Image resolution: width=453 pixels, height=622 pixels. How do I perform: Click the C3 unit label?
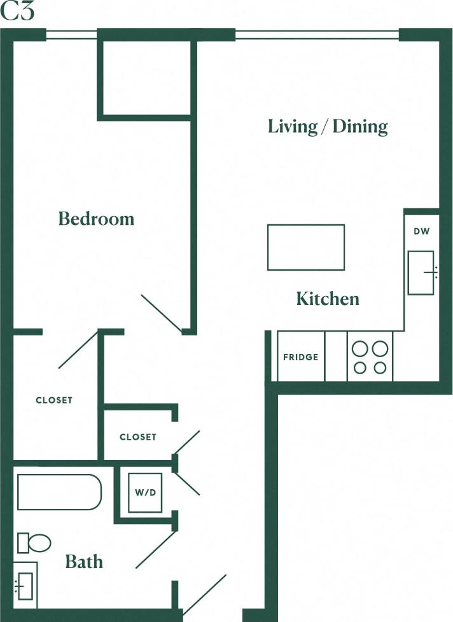pos(17,13)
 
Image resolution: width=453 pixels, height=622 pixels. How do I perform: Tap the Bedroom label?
pos(96,219)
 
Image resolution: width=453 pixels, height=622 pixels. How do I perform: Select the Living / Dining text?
pos(328,126)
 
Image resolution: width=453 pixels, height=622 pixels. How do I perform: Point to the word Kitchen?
pos(328,299)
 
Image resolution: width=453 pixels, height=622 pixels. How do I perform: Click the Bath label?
pos(84,562)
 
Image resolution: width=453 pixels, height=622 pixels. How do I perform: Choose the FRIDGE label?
pos(301,357)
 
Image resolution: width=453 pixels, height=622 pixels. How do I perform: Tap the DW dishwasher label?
pos(421,231)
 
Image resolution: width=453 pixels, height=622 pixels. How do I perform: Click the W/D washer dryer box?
pos(146,492)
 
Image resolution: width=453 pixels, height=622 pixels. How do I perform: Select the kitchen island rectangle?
pos(305,247)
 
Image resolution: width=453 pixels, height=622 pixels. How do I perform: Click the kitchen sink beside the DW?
pos(421,273)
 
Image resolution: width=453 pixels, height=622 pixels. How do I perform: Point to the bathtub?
pos(59,492)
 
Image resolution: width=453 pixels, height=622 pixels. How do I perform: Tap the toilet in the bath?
pos(35,543)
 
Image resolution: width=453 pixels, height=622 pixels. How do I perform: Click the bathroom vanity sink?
pos(25,585)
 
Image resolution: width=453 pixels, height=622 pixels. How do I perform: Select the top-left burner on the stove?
pos(359,348)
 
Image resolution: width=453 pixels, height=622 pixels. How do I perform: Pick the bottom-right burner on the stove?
pos(380,367)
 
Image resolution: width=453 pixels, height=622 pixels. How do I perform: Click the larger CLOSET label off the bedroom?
pos(54,400)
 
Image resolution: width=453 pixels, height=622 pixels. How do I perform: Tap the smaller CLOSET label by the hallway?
pos(138,437)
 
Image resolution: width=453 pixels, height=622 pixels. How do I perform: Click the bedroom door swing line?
pos(162,313)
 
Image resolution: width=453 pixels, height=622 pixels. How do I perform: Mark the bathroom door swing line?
pos(156,550)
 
